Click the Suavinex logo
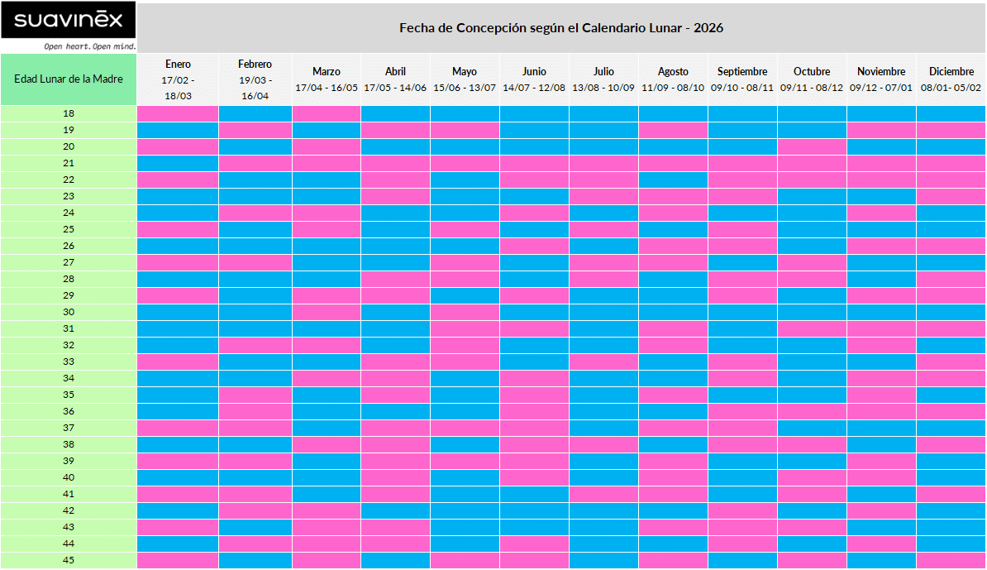[x=68, y=20]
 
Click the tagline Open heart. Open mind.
[x=90, y=46]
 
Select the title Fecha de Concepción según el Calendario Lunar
[x=561, y=28]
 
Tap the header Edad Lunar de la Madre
[x=69, y=79]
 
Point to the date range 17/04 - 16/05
[x=327, y=88]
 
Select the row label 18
[x=69, y=113]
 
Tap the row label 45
[x=69, y=560]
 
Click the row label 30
[x=69, y=312]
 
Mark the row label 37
[x=69, y=428]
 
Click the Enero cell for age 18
[x=178, y=113]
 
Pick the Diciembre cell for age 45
[x=951, y=560]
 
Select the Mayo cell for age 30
[x=465, y=312]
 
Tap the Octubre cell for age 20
[x=812, y=146]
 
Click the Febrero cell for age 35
[x=255, y=395]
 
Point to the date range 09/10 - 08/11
[x=742, y=88]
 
